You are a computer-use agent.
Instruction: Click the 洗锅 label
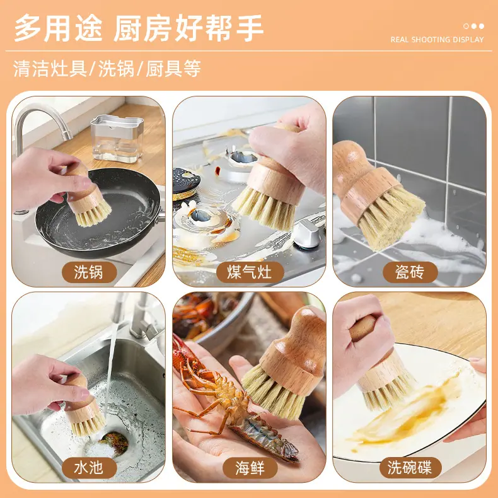coord(90,272)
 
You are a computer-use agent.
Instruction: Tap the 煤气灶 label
coord(250,272)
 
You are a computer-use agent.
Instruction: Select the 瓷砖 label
coord(410,272)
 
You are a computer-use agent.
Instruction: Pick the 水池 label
coord(90,468)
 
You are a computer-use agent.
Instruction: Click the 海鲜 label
coord(250,468)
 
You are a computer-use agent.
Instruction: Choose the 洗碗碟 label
coord(410,468)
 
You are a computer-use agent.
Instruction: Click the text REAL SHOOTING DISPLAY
coord(437,40)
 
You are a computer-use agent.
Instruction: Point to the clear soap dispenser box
coord(117,139)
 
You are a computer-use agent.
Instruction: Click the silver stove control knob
coord(307,233)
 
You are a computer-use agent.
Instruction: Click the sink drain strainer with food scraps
coord(113,443)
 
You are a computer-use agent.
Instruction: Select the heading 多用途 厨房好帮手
coord(139,28)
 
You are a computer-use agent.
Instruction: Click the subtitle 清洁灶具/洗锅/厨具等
coord(107,68)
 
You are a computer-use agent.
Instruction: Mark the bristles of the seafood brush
coord(274,391)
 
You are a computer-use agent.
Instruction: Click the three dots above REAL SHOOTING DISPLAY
coord(473,26)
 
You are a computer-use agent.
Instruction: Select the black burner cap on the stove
coord(186,183)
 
